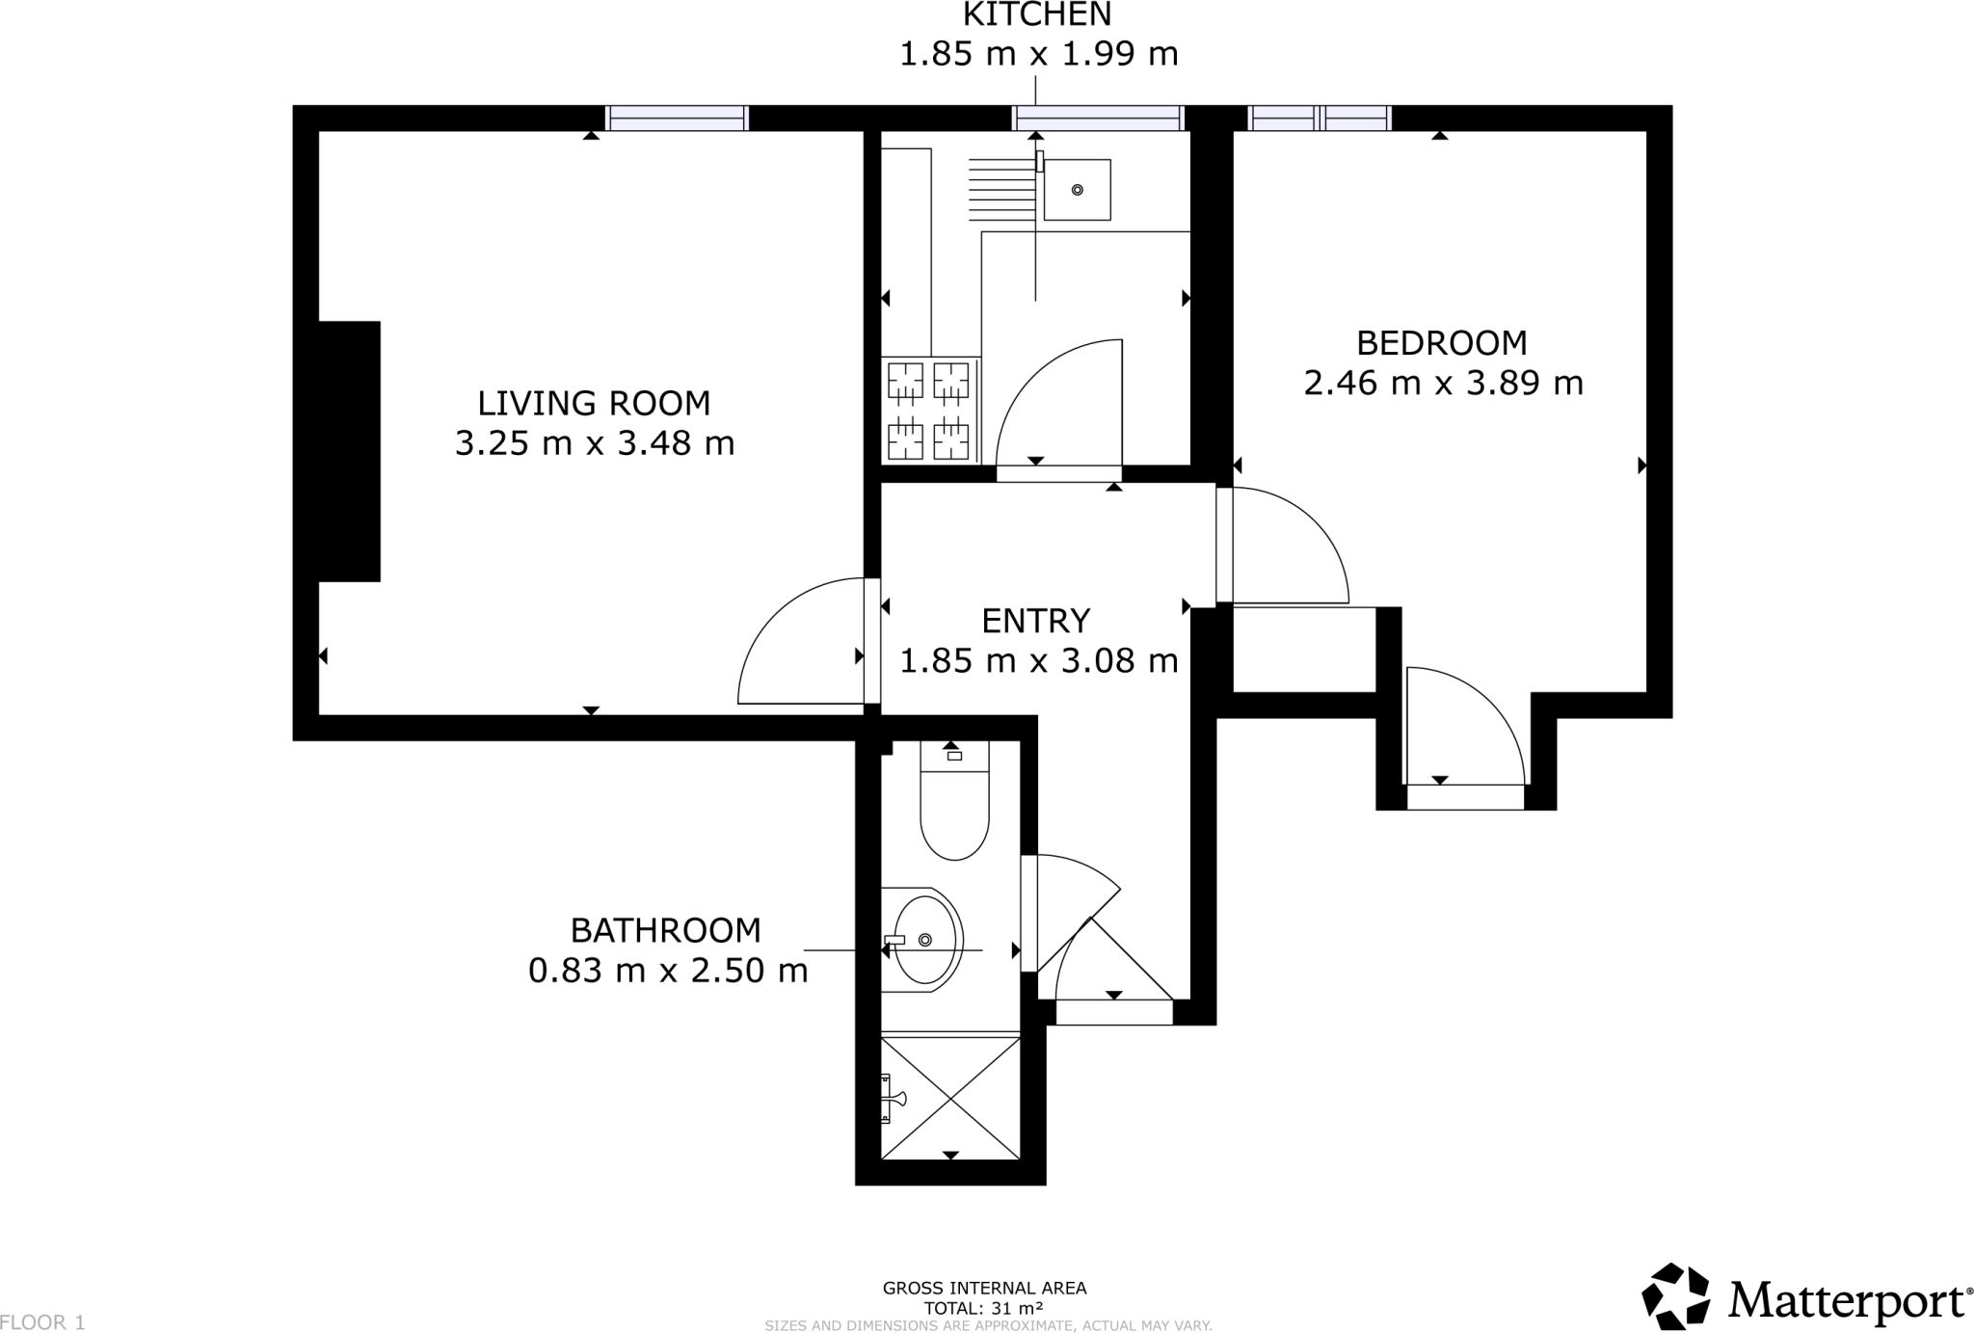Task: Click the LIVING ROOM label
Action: (x=594, y=403)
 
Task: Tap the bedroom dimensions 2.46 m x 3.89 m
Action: (x=1443, y=384)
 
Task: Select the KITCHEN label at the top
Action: (x=1037, y=14)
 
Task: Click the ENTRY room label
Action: (x=1035, y=621)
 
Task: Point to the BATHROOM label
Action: (x=666, y=930)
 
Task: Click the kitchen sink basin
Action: (x=1077, y=190)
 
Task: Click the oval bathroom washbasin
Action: (x=926, y=940)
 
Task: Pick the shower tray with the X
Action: (x=950, y=1099)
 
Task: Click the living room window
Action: (x=678, y=119)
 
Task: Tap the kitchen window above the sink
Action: (x=1098, y=119)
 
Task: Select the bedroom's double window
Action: (x=1319, y=119)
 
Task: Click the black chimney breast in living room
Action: (x=349, y=451)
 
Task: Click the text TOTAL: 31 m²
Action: (x=983, y=1308)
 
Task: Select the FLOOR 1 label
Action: (x=43, y=1322)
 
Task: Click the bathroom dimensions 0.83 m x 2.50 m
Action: (x=668, y=971)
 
